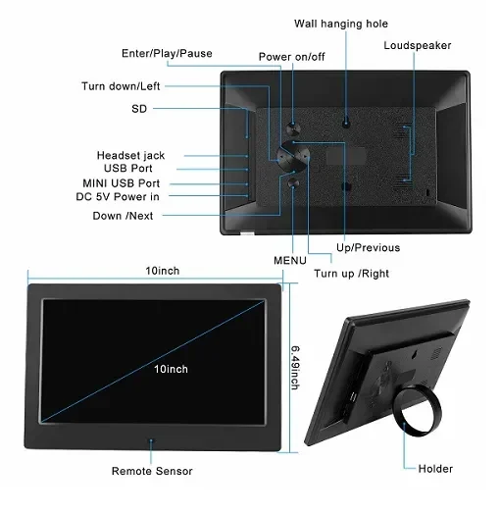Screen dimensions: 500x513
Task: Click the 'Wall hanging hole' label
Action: tap(341, 24)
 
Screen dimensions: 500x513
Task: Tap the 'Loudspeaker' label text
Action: tap(418, 45)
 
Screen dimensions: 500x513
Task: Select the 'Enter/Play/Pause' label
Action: tap(167, 53)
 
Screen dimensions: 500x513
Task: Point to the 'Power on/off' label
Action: tap(292, 57)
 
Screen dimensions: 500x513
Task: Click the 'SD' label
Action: tap(139, 109)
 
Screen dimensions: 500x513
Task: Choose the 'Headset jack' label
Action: tap(130, 155)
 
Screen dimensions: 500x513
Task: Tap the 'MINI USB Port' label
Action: tap(122, 183)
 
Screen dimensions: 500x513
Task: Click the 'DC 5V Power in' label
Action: tap(118, 196)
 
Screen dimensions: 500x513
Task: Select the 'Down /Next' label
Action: tap(123, 216)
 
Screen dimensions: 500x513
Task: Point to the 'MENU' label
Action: tap(290, 261)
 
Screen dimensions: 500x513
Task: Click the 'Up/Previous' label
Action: tap(369, 247)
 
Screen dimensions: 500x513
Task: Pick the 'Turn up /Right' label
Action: tap(352, 274)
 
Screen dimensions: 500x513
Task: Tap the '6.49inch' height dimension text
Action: tap(295, 368)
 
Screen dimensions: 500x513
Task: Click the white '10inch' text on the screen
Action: tap(171, 369)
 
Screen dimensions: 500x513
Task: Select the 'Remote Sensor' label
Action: tap(152, 471)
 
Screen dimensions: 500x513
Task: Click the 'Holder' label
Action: tap(435, 469)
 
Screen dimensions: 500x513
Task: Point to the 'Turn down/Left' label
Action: tap(121, 86)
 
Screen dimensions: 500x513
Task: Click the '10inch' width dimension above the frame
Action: tap(163, 271)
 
